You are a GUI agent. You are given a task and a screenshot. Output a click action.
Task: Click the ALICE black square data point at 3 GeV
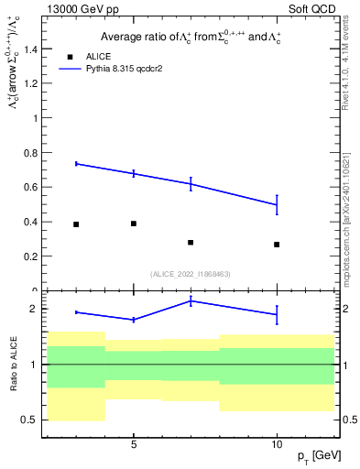pyautogui.click(x=76, y=224)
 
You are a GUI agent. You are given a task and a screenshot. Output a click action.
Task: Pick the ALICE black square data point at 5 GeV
pyautogui.click(x=134, y=224)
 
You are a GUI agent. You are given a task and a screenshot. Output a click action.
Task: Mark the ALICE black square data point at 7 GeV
pyautogui.click(x=191, y=243)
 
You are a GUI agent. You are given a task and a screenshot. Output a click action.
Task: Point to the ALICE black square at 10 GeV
pyautogui.click(x=277, y=245)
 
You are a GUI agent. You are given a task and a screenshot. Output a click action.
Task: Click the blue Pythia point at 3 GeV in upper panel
pyautogui.click(x=76, y=163)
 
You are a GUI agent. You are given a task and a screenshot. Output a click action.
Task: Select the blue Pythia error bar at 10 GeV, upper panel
pyautogui.click(x=277, y=204)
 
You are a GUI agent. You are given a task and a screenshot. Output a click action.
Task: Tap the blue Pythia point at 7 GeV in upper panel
pyautogui.click(x=191, y=183)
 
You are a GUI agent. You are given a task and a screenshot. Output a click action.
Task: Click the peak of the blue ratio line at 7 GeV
pyautogui.click(x=191, y=300)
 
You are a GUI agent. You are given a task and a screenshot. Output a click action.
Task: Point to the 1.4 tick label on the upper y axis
pyautogui.click(x=32, y=49)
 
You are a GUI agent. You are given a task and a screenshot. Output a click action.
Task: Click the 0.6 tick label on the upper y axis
pyautogui.click(x=32, y=188)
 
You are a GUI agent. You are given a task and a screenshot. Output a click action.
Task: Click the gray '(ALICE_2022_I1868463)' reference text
pyautogui.click(x=190, y=274)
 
